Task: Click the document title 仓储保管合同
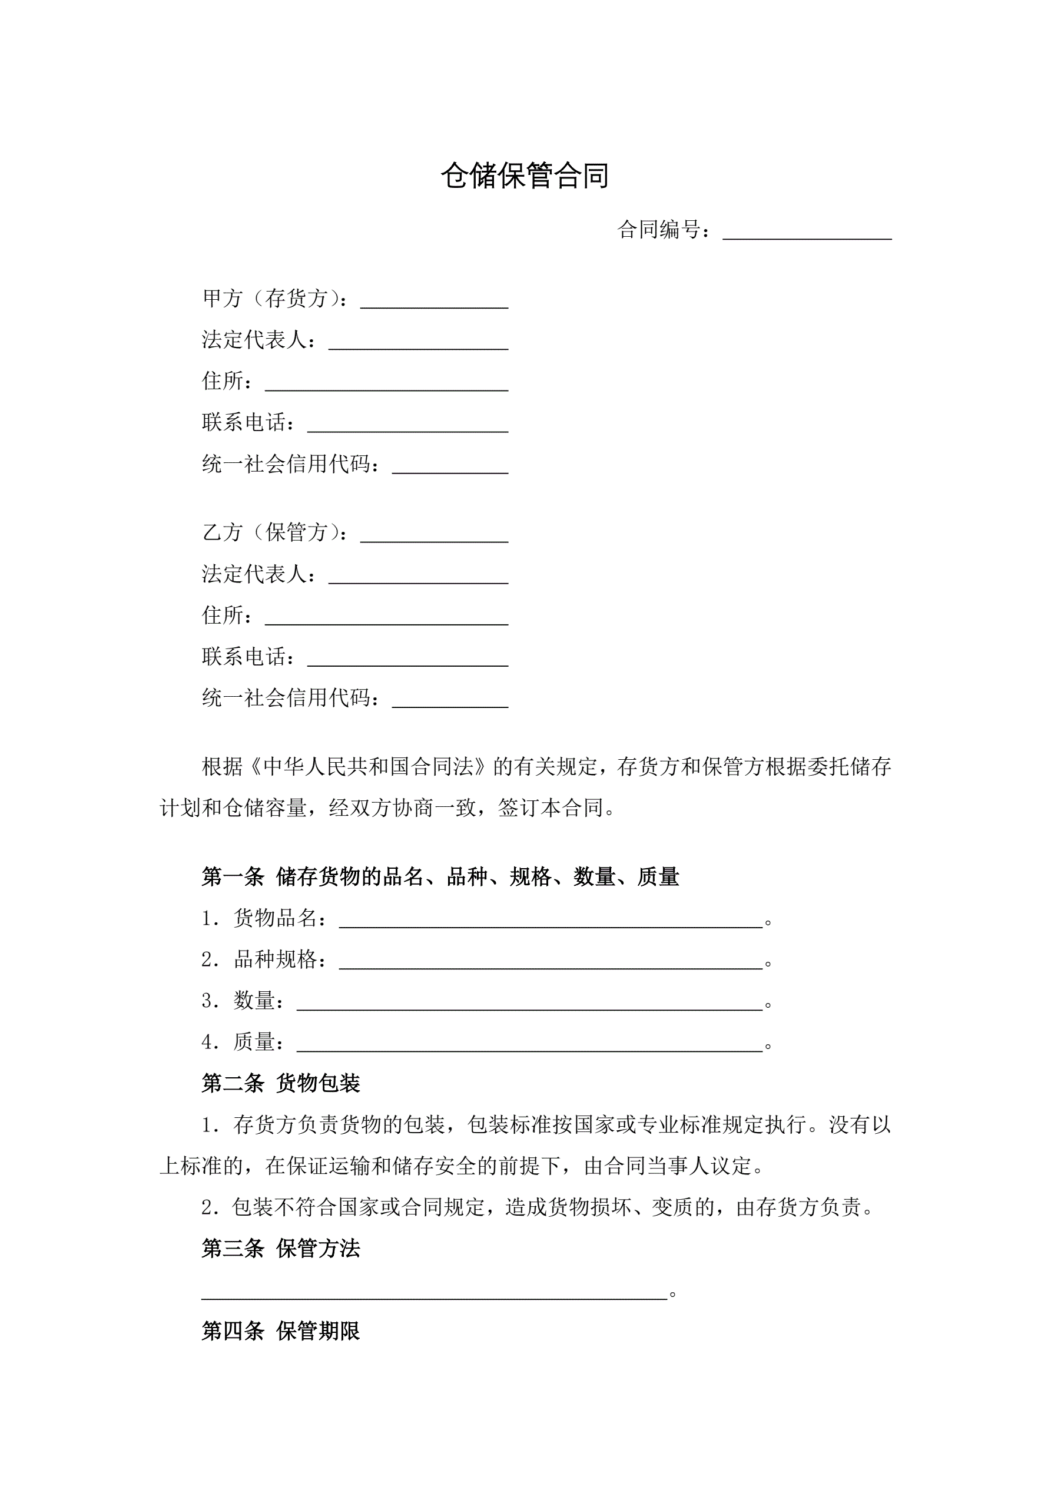point(525,176)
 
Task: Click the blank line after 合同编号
point(807,231)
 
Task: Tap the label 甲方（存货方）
point(275,299)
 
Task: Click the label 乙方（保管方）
point(275,532)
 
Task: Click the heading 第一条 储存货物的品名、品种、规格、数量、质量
point(440,877)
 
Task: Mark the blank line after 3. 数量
point(529,1003)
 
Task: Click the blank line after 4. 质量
point(529,1045)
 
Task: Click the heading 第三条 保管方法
point(280,1249)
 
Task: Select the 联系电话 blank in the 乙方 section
point(407,659)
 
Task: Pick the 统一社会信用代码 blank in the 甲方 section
point(450,466)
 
